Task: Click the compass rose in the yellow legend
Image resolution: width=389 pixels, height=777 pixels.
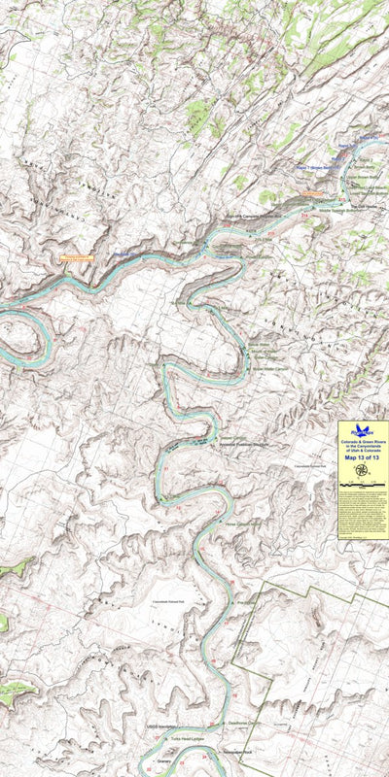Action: pos(362,471)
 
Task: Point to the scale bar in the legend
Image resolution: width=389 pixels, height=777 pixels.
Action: pos(362,483)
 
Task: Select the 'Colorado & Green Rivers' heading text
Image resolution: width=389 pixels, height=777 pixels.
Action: pos(362,442)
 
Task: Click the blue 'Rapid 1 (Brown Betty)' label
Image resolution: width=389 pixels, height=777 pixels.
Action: pos(320,167)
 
